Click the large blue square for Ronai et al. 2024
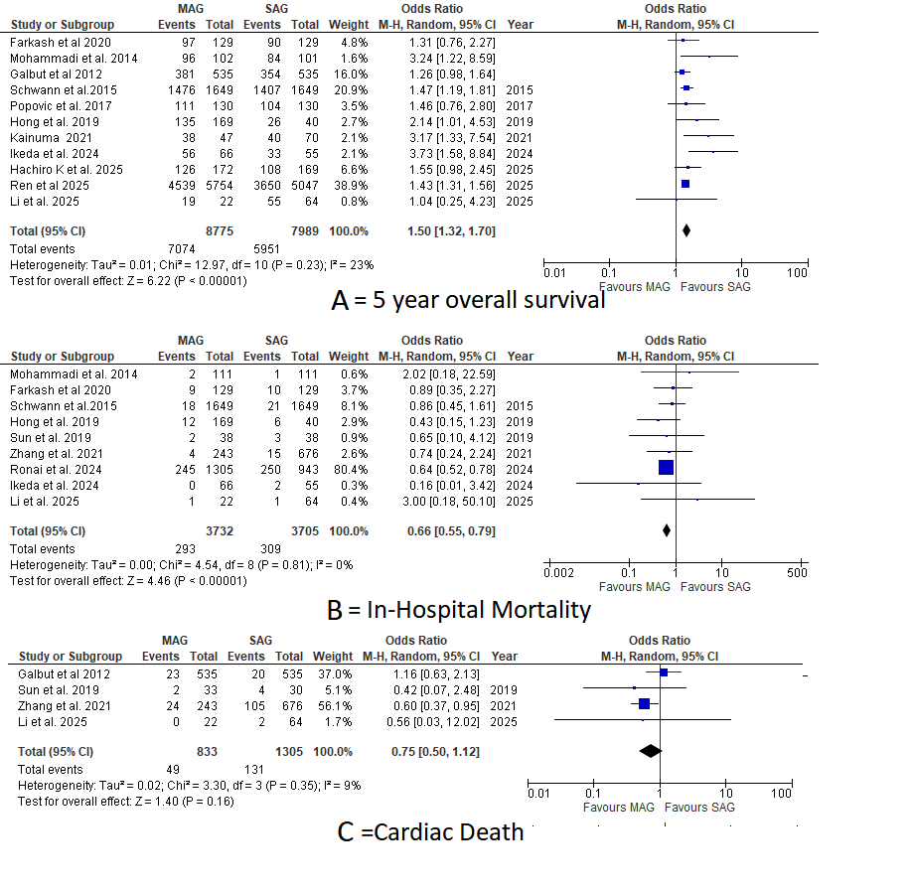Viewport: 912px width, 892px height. (666, 467)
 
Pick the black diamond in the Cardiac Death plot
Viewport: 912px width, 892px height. (651, 751)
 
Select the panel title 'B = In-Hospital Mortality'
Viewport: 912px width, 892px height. (458, 610)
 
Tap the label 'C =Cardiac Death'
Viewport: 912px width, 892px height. (430, 831)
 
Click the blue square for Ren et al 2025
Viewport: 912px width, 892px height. (684, 185)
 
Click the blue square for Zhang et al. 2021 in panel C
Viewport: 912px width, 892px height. (644, 703)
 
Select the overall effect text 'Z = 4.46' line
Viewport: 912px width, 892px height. (128, 581)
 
